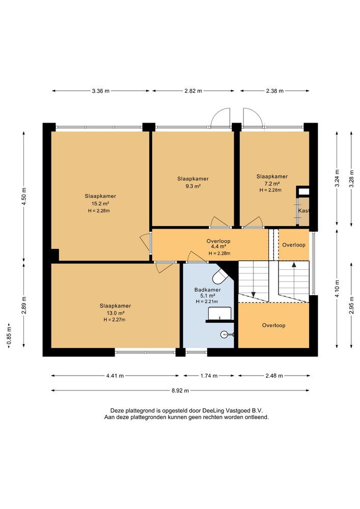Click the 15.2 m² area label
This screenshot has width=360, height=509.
point(100,204)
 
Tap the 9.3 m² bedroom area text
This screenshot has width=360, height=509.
point(193,186)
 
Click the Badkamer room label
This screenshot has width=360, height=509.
point(207,290)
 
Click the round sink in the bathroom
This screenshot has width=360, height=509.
point(225,334)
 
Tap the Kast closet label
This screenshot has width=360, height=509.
point(303,210)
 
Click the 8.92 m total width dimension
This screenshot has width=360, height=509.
point(180,390)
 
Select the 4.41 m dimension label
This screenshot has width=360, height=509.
point(115,376)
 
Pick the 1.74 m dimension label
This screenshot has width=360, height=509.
point(209,376)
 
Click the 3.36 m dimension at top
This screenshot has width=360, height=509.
point(101,91)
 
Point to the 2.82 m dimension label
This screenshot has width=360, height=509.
point(193,91)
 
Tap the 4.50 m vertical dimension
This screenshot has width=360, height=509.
point(24,196)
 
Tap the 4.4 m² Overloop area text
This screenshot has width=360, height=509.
point(218,247)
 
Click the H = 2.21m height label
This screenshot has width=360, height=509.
point(207,301)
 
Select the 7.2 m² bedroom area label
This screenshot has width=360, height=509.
point(272,183)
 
